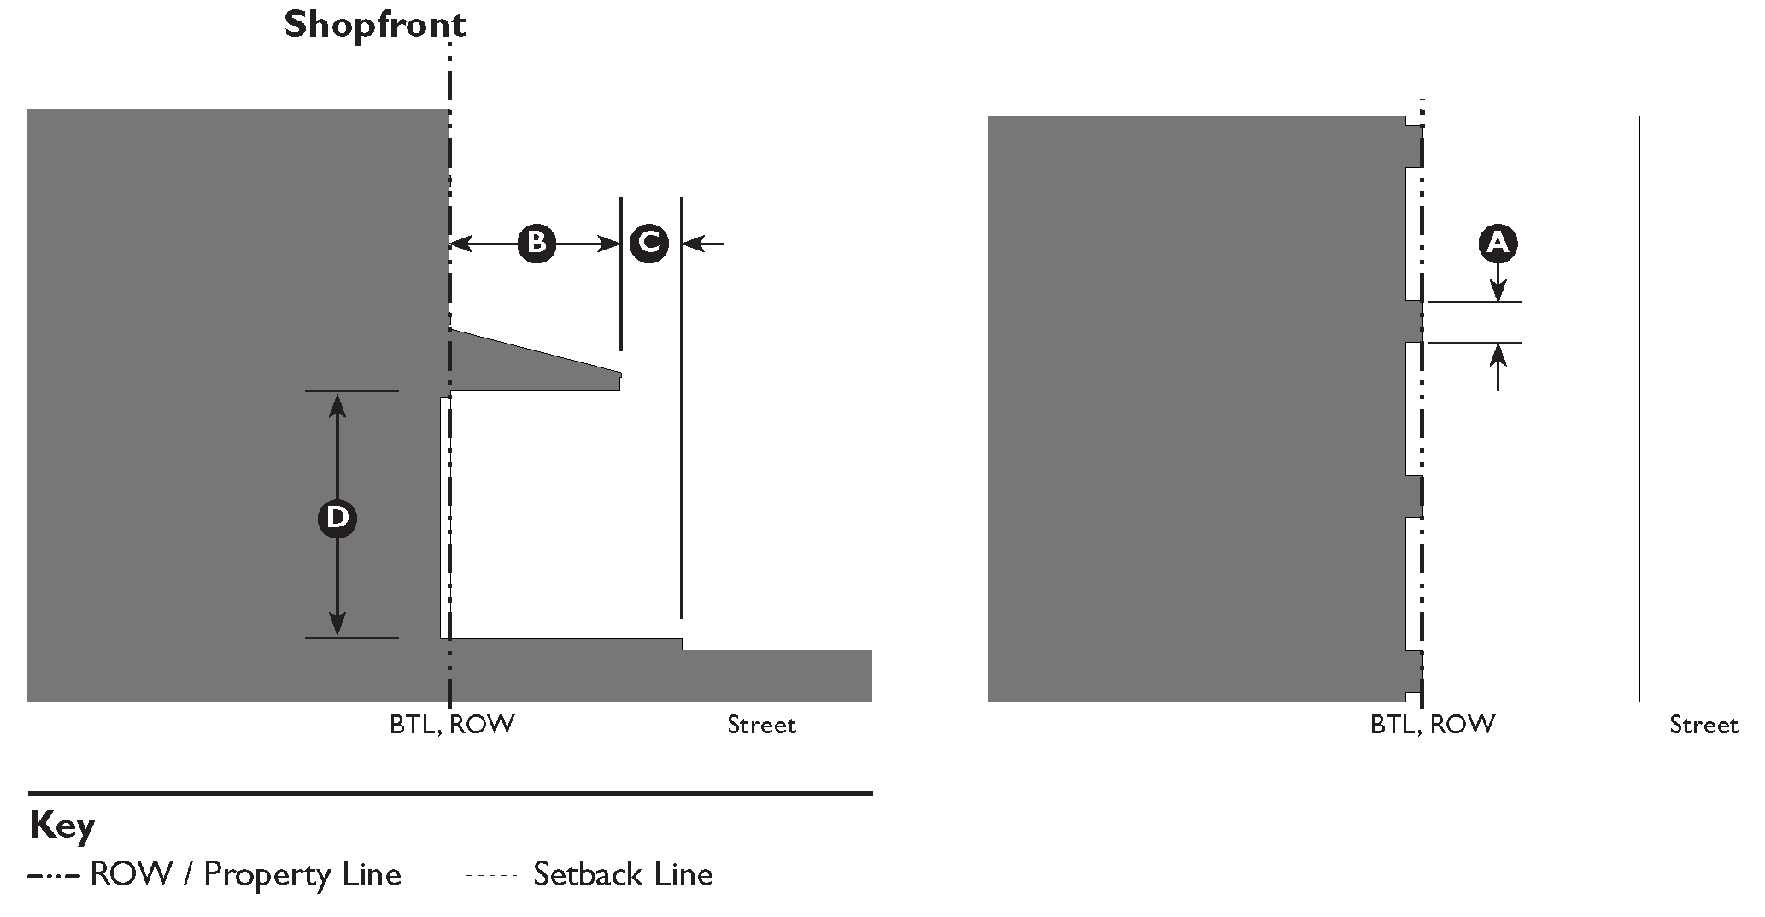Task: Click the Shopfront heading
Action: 375,25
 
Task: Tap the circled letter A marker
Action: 1498,244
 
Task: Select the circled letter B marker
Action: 536,244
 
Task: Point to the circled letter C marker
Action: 648,244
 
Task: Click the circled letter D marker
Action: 337,518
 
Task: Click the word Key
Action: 62,826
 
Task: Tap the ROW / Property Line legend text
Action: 245,874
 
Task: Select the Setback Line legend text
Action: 623,874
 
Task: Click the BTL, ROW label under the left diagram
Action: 452,725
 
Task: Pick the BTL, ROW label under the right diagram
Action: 1433,725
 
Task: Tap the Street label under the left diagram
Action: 761,726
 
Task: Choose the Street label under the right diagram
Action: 1703,726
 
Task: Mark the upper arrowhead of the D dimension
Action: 337,403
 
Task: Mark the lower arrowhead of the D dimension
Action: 337,625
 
